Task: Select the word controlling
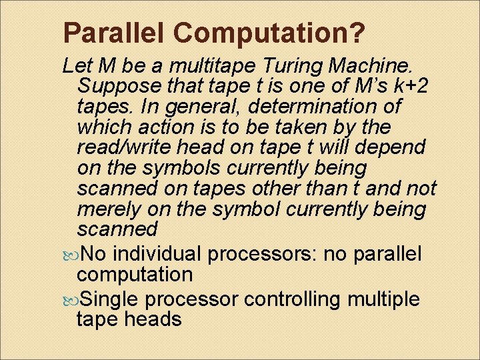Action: (x=293, y=299)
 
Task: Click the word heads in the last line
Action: (x=151, y=319)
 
